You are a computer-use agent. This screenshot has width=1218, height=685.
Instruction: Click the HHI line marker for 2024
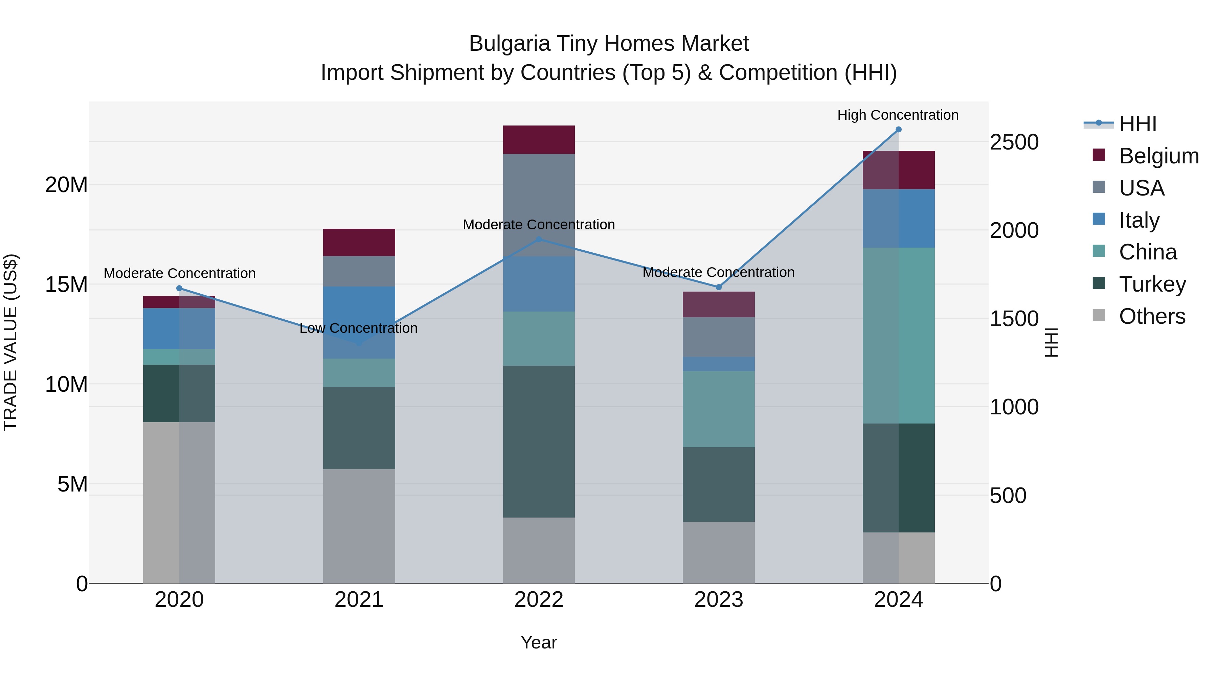pyautogui.click(x=898, y=130)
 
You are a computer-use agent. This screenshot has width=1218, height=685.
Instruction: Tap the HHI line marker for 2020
pyautogui.click(x=179, y=288)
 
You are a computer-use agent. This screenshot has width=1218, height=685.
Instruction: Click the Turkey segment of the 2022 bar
pyautogui.click(x=539, y=441)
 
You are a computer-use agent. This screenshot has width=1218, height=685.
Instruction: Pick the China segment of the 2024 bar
pyautogui.click(x=898, y=336)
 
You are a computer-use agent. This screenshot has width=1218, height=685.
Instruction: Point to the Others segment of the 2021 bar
pyautogui.click(x=359, y=526)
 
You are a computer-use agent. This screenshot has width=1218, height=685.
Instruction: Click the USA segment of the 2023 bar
pyautogui.click(x=718, y=337)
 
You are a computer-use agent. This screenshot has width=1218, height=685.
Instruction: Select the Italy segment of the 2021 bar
pyautogui.click(x=359, y=322)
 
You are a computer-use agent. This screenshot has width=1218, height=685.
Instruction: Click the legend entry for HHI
pyautogui.click(x=1137, y=124)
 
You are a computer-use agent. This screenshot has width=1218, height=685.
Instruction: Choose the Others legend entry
pyautogui.click(x=1152, y=316)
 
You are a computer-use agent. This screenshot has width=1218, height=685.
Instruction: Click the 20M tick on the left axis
pyautogui.click(x=66, y=185)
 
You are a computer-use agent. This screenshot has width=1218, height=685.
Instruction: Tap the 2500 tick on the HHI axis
pyautogui.click(x=1014, y=142)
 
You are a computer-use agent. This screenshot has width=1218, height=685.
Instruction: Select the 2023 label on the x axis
pyautogui.click(x=718, y=600)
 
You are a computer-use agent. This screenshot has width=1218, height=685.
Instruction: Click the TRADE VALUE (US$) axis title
pyautogui.click(x=10, y=342)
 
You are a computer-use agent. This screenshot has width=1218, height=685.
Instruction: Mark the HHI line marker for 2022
pyautogui.click(x=539, y=239)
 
